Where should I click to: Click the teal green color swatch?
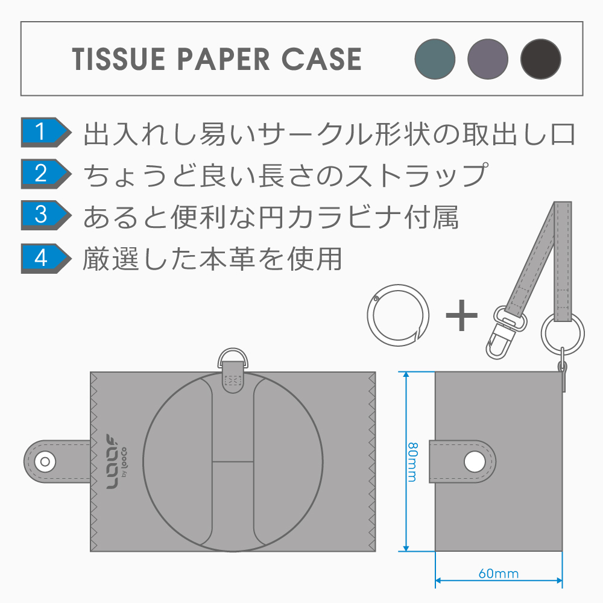coord(435,59)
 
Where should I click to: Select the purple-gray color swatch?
coord(488,59)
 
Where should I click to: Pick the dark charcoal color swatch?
coord(541,59)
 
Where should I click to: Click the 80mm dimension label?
coord(411,462)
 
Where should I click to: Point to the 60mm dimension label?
coord(498,573)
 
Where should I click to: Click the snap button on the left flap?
coord(43,462)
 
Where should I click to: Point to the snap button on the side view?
coord(475,462)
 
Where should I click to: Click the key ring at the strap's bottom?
coord(562,332)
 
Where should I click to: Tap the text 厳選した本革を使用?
coord(212,258)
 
